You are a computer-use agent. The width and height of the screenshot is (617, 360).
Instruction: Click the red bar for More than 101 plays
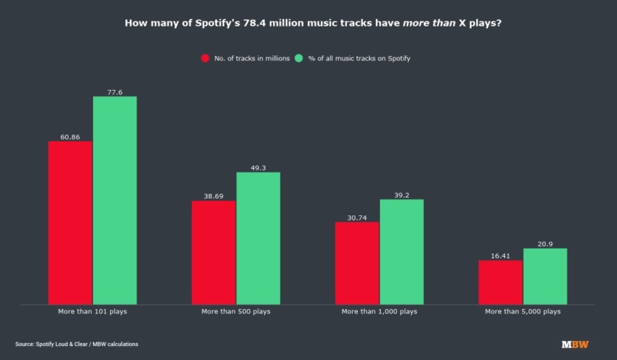pos(70,222)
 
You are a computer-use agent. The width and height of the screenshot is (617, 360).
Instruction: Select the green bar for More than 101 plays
pos(114,200)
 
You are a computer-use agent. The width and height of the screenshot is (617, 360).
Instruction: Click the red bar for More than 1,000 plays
pos(357,263)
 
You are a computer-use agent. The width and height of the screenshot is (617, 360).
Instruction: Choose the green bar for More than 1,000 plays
pos(401,252)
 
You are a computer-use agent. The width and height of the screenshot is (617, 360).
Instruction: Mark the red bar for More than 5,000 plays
pos(500,282)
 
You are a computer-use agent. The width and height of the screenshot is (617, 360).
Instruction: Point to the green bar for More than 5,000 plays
pos(545,276)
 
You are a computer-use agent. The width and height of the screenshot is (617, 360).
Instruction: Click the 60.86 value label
pos(70,136)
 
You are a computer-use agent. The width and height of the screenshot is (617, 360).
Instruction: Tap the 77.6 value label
pos(114,92)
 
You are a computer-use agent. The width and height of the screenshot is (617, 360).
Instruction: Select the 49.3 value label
pos(258,167)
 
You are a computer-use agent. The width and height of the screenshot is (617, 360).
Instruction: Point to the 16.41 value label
pos(500,256)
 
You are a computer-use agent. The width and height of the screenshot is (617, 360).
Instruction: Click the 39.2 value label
pos(401,195)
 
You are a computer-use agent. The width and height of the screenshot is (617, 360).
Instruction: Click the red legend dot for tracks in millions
pos(204,58)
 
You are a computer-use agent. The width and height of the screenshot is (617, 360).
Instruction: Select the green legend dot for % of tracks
pos(298,58)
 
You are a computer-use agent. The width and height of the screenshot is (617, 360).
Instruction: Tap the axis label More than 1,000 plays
pos(379,312)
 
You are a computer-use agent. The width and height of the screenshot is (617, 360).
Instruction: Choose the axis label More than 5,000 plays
pos(523,312)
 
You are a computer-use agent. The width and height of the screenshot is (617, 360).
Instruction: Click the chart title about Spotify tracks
pos(308,23)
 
